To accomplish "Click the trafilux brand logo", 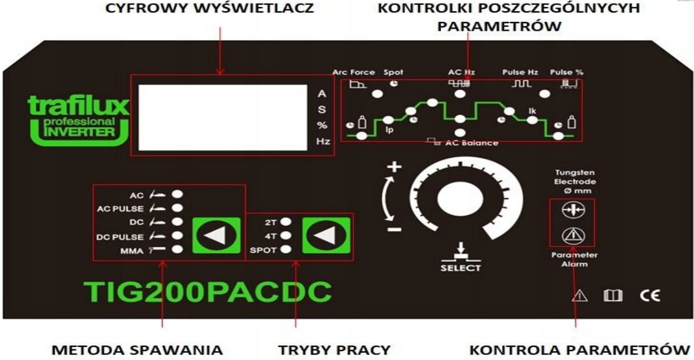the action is (78, 119).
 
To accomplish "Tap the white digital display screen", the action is (223, 117).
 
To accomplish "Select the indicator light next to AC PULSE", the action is (178, 208).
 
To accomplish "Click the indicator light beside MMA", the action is (178, 249).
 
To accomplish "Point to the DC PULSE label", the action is (120, 237).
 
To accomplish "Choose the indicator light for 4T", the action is (286, 236).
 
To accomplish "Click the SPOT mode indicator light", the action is (286, 249).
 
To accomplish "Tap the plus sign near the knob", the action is (394, 167).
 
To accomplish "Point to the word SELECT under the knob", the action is (460, 268).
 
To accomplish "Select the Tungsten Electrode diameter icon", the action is (573, 210).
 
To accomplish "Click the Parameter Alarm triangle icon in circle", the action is (573, 236).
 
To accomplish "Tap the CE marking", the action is (650, 296).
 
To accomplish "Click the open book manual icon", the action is (613, 296).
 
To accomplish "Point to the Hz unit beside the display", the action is (323, 141).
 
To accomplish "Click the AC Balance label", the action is (472, 143).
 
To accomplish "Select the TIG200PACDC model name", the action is (208, 292).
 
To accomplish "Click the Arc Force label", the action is (354, 72).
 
